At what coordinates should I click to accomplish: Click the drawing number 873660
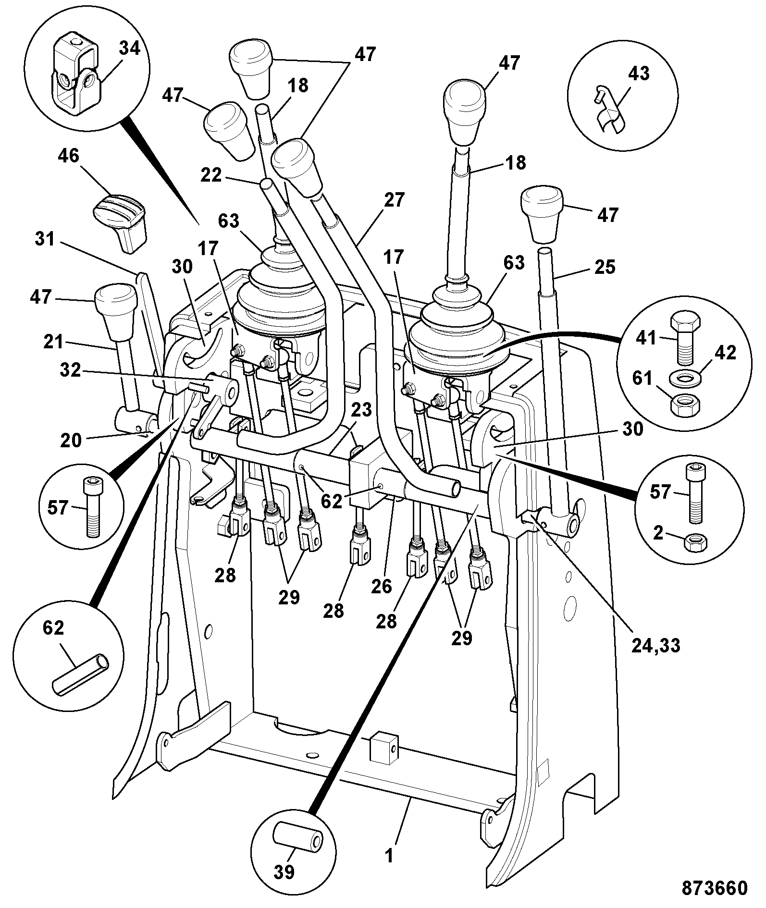(x=715, y=888)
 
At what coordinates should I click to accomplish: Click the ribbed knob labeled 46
(x=120, y=221)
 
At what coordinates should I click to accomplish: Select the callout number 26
(x=383, y=586)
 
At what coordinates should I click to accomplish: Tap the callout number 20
(x=71, y=440)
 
